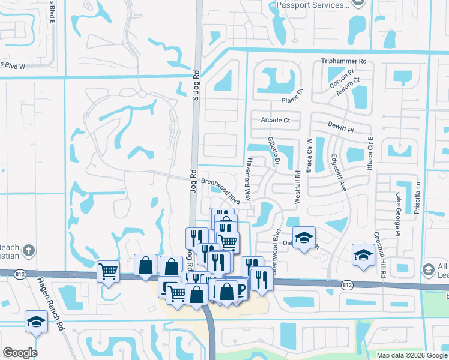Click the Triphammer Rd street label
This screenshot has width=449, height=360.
pyautogui.click(x=343, y=61)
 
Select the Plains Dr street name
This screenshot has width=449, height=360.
pyautogui.click(x=292, y=96)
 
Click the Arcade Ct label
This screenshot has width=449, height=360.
pyautogui.click(x=275, y=120)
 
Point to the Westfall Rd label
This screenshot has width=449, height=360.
pyautogui.click(x=297, y=182)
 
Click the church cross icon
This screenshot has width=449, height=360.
pyautogui.click(x=28, y=249)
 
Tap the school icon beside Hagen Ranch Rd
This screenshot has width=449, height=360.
pyautogui.click(x=36, y=322)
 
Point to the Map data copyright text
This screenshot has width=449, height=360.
pyautogui.click(x=412, y=355)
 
